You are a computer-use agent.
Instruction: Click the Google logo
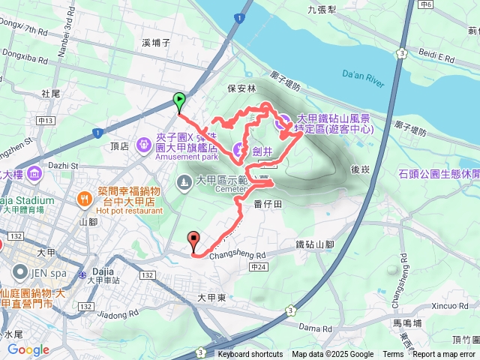pyautogui.click(x=28, y=349)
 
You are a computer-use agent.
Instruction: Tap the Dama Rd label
pyautogui.click(x=313, y=307)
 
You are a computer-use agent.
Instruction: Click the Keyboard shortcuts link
pyautogui.click(x=250, y=355)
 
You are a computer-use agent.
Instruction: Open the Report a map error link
pyautogui.click(x=444, y=355)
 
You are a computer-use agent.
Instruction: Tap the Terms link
pyautogui.click(x=392, y=355)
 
